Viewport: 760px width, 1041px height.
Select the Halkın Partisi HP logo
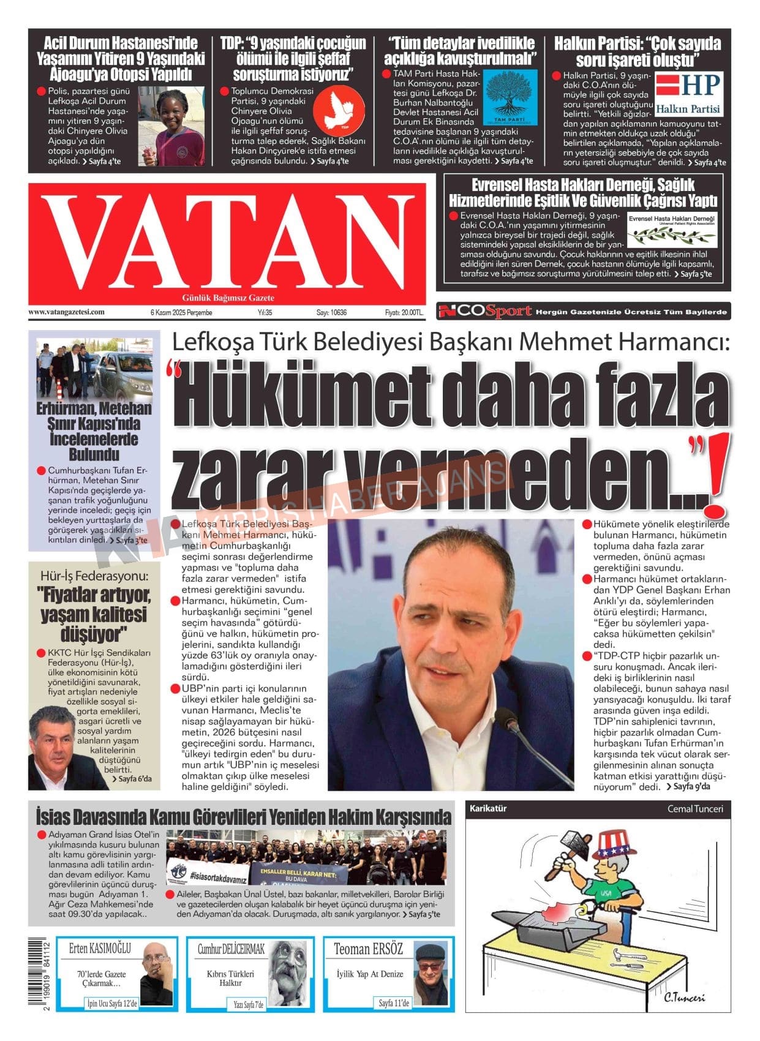coord(688,94)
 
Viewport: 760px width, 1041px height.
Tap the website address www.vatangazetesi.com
coord(66,312)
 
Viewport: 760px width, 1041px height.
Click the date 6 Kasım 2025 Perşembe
coord(181,312)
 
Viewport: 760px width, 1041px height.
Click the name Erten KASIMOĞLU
coord(100,949)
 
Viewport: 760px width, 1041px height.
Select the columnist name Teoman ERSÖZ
coord(368,949)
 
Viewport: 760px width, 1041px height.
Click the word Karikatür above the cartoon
coord(488,808)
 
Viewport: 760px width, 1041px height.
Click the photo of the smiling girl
coord(171,127)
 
